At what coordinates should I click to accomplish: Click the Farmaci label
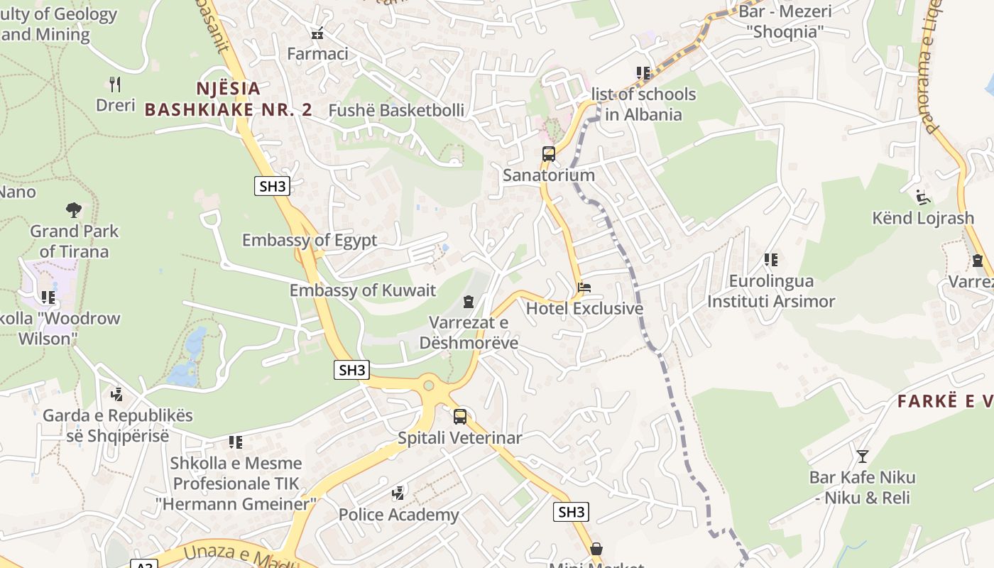pos(317,54)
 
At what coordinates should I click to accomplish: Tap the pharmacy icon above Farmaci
pos(317,33)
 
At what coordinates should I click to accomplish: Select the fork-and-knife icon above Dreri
pos(116,84)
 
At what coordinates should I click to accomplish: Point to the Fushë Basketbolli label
pos(396,111)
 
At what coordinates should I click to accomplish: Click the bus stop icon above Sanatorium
pos(548,154)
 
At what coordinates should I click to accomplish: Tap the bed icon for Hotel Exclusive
pos(584,288)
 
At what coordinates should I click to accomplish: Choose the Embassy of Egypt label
pos(310,240)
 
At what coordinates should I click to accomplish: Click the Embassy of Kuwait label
pos(362,290)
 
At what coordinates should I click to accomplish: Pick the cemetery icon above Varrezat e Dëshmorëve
pos(468,302)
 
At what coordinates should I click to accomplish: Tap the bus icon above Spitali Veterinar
pos(460,417)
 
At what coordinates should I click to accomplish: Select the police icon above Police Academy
pos(398,493)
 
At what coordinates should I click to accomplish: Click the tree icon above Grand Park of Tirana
pos(73,210)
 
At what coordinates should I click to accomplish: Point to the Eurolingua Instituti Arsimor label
pos(771,291)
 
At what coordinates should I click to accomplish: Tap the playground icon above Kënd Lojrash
pos(923,197)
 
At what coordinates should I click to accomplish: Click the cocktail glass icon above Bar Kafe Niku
pos(863,456)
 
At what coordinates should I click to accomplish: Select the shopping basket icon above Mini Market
pos(596,549)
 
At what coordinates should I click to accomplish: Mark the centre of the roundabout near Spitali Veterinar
pos(428,386)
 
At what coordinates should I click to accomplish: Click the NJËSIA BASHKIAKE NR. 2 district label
pos(229,99)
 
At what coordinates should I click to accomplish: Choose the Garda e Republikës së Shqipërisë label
pos(118,425)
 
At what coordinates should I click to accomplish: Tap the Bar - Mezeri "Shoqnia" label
pos(785,21)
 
